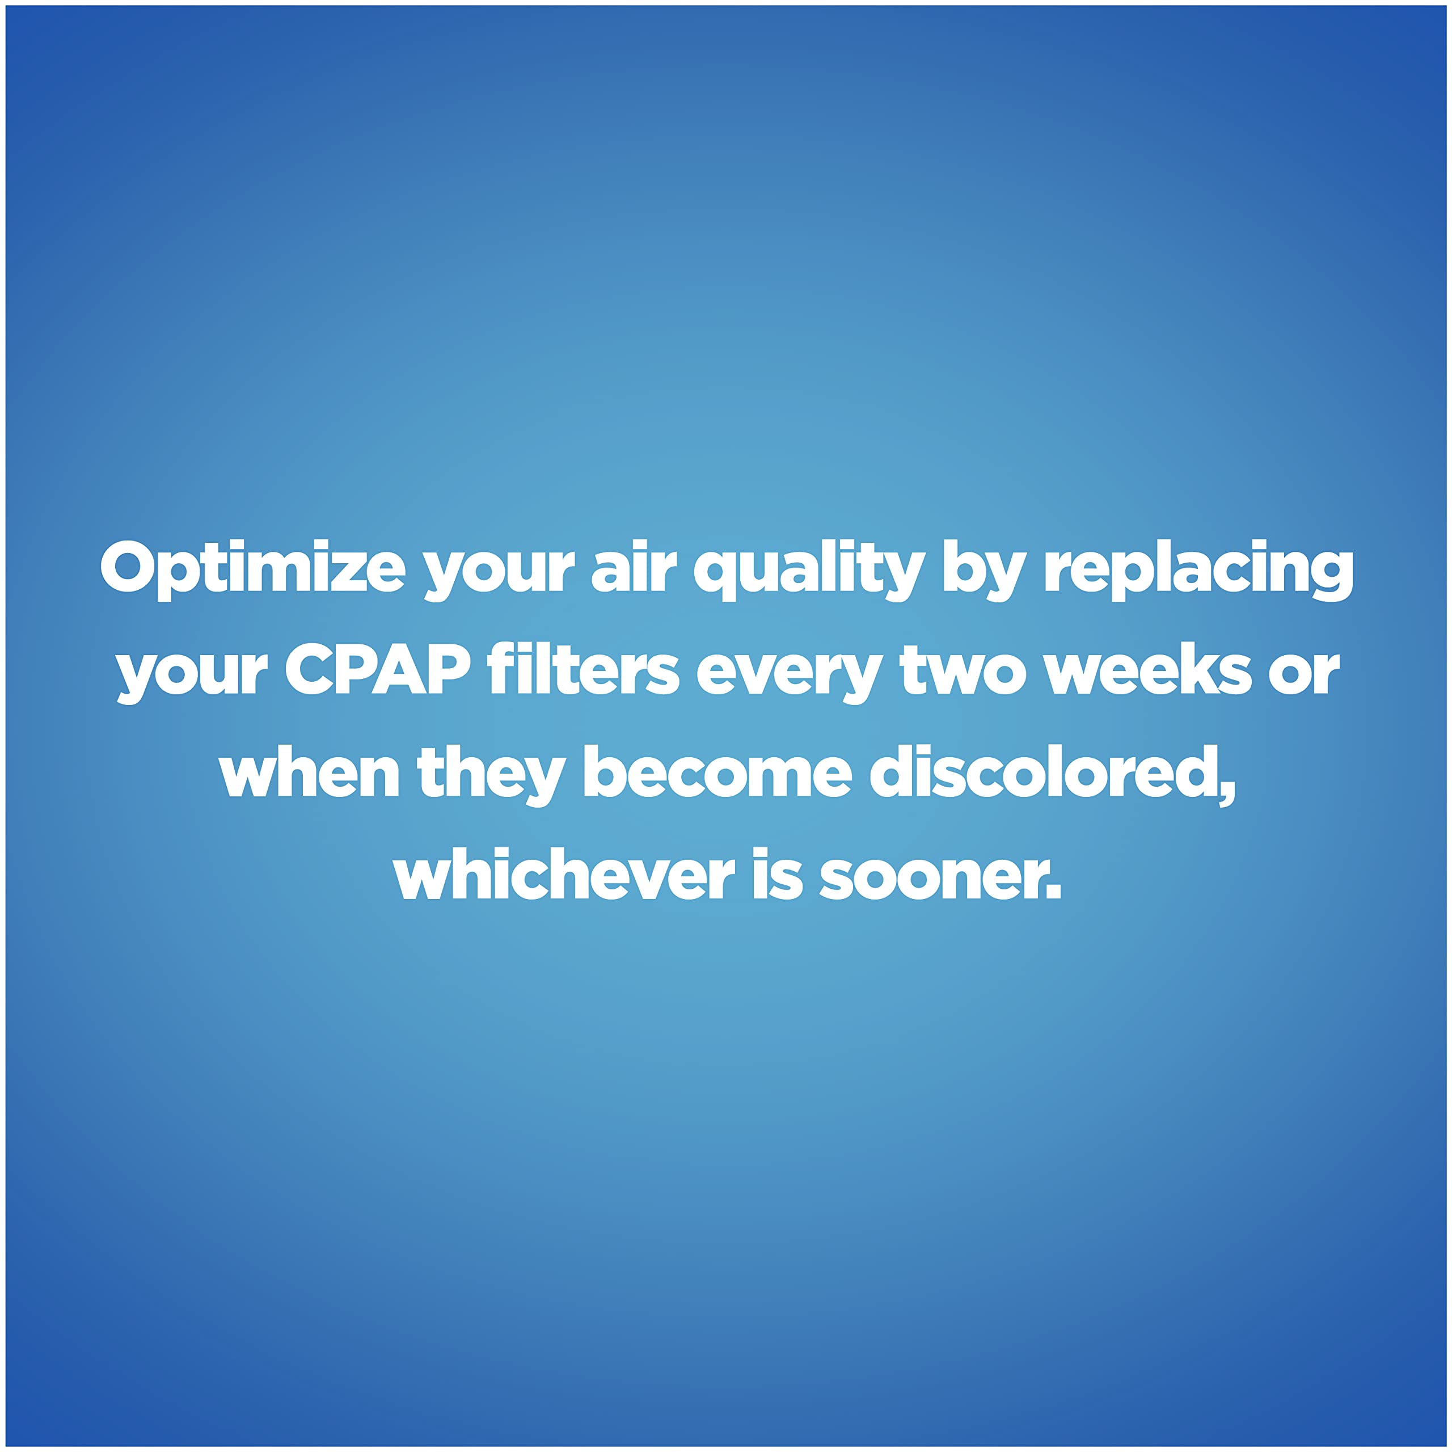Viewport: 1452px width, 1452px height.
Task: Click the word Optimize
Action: point(252,569)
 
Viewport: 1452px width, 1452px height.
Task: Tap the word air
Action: point(634,569)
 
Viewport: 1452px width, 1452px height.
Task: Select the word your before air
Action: point(499,571)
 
